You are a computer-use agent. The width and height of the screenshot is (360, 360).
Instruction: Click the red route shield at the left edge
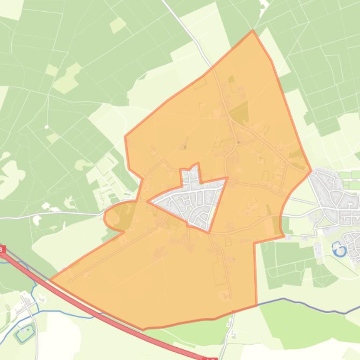[x=2, y=250]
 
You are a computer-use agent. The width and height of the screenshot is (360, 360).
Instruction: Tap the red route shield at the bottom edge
[x=211, y=358]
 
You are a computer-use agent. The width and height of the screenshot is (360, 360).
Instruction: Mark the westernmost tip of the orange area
[x=50, y=281]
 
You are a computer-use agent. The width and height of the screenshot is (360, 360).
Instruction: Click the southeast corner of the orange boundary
[x=257, y=305]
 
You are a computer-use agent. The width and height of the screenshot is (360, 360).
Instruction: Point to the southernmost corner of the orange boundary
[x=143, y=329]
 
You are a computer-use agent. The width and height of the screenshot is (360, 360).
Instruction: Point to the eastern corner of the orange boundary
[x=311, y=171]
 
